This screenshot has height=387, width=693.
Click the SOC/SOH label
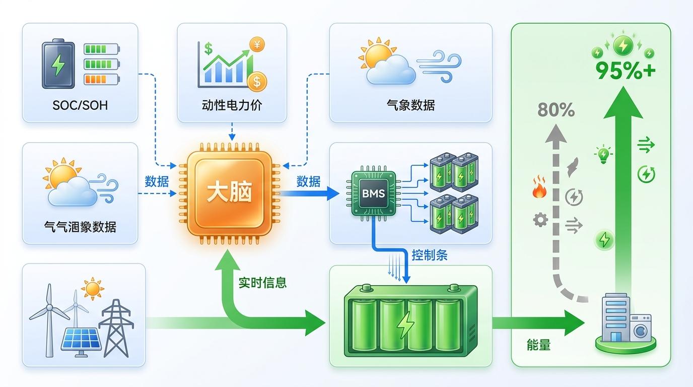click(x=80, y=105)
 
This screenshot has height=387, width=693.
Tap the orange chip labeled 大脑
click(x=229, y=192)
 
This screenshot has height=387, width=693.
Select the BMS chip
click(x=373, y=192)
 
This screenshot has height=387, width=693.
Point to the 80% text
click(x=556, y=110)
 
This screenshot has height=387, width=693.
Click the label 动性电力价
click(x=232, y=105)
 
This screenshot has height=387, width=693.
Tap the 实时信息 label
click(x=262, y=283)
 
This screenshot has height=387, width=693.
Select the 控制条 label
click(x=429, y=255)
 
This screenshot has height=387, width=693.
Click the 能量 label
click(x=538, y=345)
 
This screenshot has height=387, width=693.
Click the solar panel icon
click(x=80, y=339)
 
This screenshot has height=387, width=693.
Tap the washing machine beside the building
click(x=641, y=328)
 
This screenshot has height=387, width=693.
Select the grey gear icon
click(x=540, y=220)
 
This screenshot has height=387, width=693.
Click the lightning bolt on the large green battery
click(x=404, y=325)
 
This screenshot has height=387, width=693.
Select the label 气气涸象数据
click(x=80, y=227)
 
